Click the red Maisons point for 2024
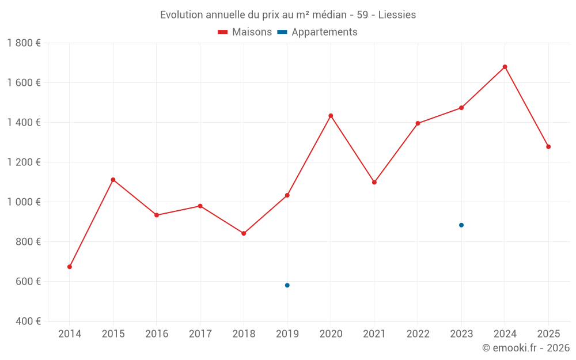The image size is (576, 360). click(505, 67)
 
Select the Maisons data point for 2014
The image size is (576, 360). click(70, 267)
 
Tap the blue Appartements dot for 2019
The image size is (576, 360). click(287, 285)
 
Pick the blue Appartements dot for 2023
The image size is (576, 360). click(461, 225)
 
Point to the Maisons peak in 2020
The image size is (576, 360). click(331, 116)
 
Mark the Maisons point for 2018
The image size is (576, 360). click(244, 233)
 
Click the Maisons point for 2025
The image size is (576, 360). click(548, 147)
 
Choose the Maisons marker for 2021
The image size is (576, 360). click(374, 182)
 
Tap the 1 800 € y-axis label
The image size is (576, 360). click(24, 43)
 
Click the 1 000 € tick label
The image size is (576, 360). click(24, 202)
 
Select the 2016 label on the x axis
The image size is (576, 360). click(157, 334)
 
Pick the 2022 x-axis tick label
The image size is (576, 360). click(418, 334)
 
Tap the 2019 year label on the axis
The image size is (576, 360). click(287, 334)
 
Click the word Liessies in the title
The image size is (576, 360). click(397, 15)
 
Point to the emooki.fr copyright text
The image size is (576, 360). click(526, 348)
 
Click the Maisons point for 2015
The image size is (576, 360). click(113, 180)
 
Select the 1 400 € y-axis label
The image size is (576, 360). click(24, 122)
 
